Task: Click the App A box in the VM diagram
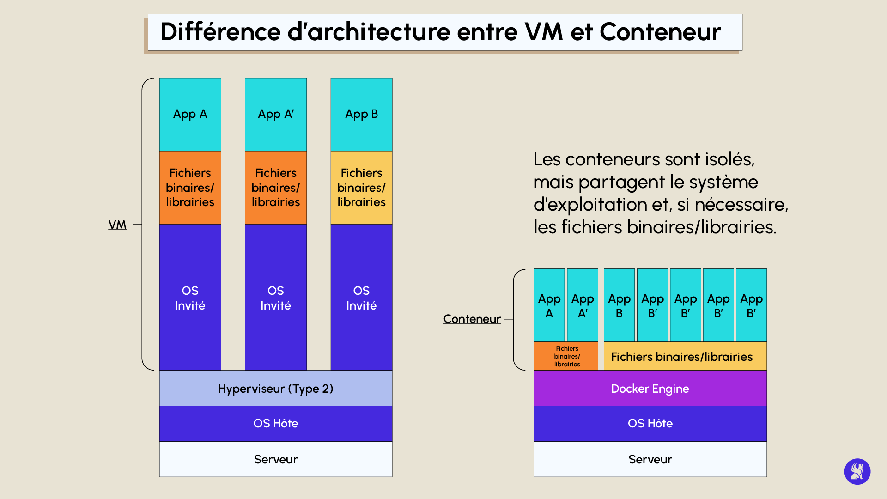(x=190, y=114)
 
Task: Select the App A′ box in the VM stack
(x=275, y=114)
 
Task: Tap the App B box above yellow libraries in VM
(x=361, y=114)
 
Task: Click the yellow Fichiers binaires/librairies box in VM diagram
(x=361, y=187)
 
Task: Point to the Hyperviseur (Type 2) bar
(x=275, y=388)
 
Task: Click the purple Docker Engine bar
(x=650, y=388)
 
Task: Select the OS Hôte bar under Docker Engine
(x=650, y=423)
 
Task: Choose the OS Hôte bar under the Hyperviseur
(x=275, y=423)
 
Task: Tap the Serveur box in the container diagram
(x=650, y=459)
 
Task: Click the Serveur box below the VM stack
(x=275, y=459)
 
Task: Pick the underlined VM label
(x=117, y=225)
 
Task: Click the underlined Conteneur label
(x=472, y=319)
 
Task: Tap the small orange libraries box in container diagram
(x=566, y=356)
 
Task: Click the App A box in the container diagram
(x=549, y=305)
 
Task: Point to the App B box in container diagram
(x=619, y=305)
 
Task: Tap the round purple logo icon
(x=857, y=471)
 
